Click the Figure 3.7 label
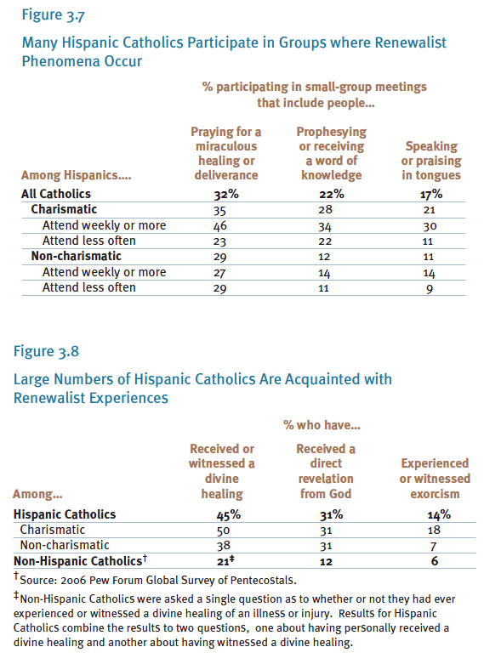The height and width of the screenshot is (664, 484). [54, 14]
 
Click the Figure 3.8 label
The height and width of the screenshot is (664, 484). [46, 351]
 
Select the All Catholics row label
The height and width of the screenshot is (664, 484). [56, 194]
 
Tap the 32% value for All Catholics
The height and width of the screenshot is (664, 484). [226, 195]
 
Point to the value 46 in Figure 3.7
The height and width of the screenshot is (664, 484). [220, 225]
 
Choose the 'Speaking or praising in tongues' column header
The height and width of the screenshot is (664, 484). [431, 161]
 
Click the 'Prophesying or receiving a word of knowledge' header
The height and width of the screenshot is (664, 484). [332, 153]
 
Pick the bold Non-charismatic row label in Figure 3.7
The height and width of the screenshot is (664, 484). [77, 256]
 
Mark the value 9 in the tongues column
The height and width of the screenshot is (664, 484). [430, 289]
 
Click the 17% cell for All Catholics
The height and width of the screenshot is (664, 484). [431, 195]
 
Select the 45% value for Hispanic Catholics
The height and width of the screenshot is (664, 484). [229, 515]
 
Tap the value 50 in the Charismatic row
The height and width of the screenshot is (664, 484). [223, 531]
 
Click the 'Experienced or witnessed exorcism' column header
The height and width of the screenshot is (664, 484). [435, 479]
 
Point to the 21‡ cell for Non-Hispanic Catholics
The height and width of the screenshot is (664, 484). [225, 561]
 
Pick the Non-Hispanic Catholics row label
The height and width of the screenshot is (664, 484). [80, 560]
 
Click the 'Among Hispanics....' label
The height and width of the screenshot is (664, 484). [77, 175]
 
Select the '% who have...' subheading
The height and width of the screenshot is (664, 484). [322, 425]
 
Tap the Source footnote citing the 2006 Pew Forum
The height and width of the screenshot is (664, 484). [155, 579]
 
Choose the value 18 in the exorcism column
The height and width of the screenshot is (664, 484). [434, 531]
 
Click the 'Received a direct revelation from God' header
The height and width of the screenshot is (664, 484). [326, 471]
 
